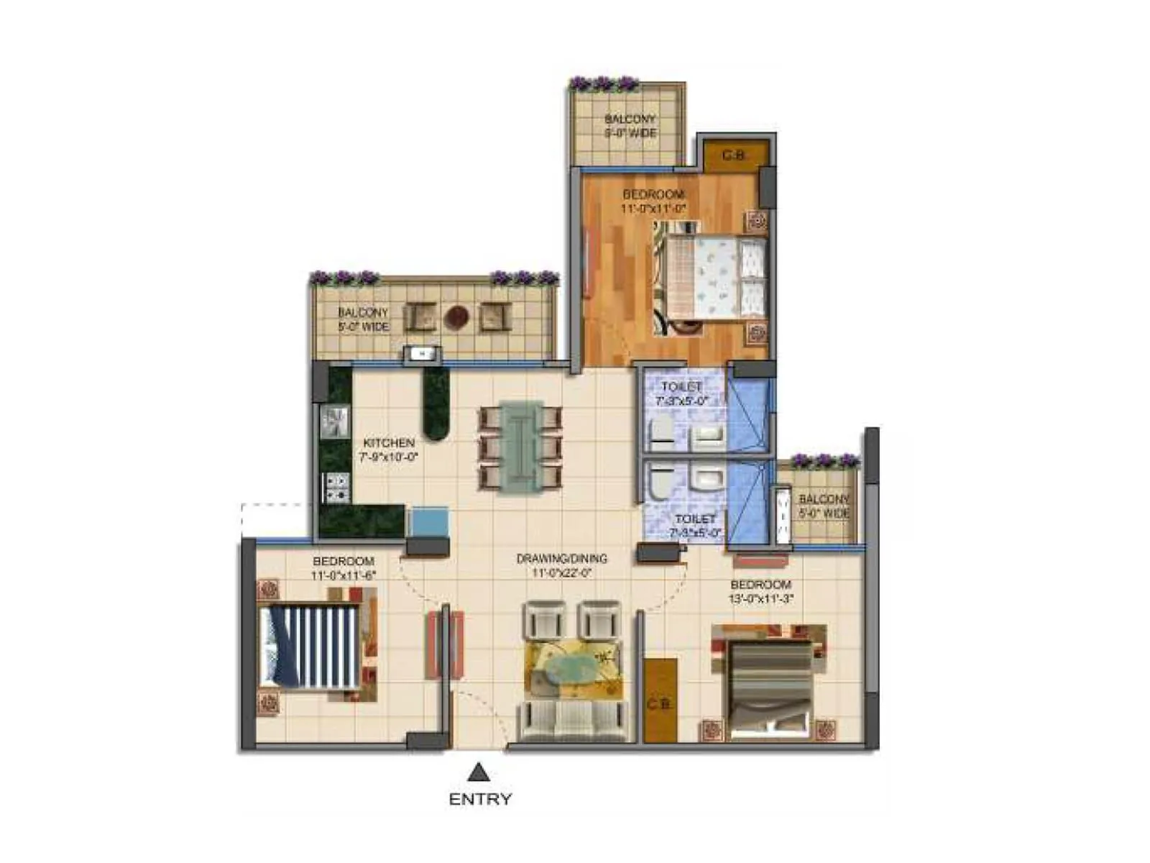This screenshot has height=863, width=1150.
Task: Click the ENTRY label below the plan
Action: [480, 799]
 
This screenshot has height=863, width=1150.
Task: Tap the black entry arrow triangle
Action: [479, 773]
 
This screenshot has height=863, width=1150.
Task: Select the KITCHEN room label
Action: [388, 443]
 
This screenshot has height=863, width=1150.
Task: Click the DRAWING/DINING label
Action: [561, 558]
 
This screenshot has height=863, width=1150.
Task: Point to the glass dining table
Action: [522, 447]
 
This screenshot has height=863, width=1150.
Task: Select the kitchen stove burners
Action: [336, 488]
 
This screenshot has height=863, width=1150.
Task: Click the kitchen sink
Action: [335, 421]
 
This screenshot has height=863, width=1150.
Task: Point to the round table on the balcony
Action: [456, 317]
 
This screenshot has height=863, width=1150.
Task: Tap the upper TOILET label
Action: [681, 387]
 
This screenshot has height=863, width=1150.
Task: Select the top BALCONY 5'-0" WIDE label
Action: [630, 126]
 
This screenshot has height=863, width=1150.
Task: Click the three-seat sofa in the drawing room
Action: [572, 721]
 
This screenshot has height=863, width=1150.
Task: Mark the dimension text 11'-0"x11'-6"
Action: [344, 575]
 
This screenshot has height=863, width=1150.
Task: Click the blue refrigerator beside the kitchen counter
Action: [428, 521]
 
